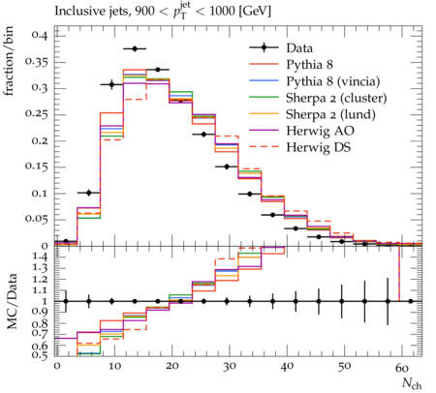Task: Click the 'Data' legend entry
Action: point(299,48)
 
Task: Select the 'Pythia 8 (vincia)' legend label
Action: point(333,81)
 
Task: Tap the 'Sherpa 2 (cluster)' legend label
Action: point(336,98)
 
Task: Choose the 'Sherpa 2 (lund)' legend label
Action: point(330,114)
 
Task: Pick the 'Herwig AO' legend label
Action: point(320,131)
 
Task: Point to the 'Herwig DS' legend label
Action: point(318,147)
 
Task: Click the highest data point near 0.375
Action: point(135,48)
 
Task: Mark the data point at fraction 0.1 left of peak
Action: point(89,193)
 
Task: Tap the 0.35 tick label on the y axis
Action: point(37,62)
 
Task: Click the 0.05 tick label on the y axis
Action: point(37,219)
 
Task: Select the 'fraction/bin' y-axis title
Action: point(9,61)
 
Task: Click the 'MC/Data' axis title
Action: point(12,301)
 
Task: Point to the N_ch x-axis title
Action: point(412,383)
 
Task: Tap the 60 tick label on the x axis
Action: point(402,367)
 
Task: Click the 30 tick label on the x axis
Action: point(230,367)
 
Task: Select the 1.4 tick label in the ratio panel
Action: point(41,257)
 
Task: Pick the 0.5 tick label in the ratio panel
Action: point(41,355)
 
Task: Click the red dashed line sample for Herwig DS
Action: point(264,147)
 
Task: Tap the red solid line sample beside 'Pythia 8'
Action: point(264,64)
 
